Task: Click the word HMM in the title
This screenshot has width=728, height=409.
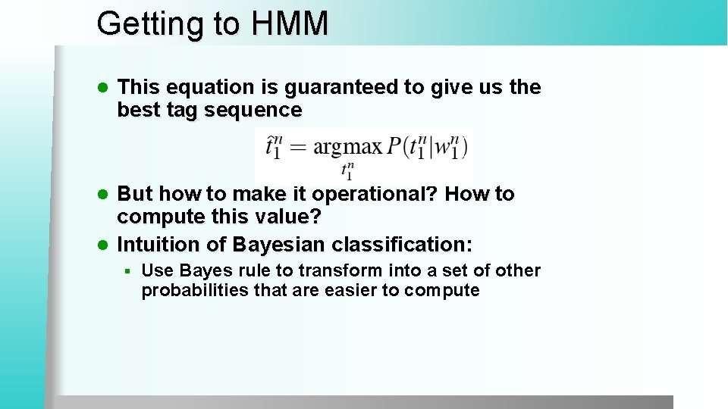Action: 291,23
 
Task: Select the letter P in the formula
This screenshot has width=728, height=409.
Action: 394,147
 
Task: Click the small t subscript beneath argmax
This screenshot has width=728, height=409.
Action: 347,170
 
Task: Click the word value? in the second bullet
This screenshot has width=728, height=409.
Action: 287,217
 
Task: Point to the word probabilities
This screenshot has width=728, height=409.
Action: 193,291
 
